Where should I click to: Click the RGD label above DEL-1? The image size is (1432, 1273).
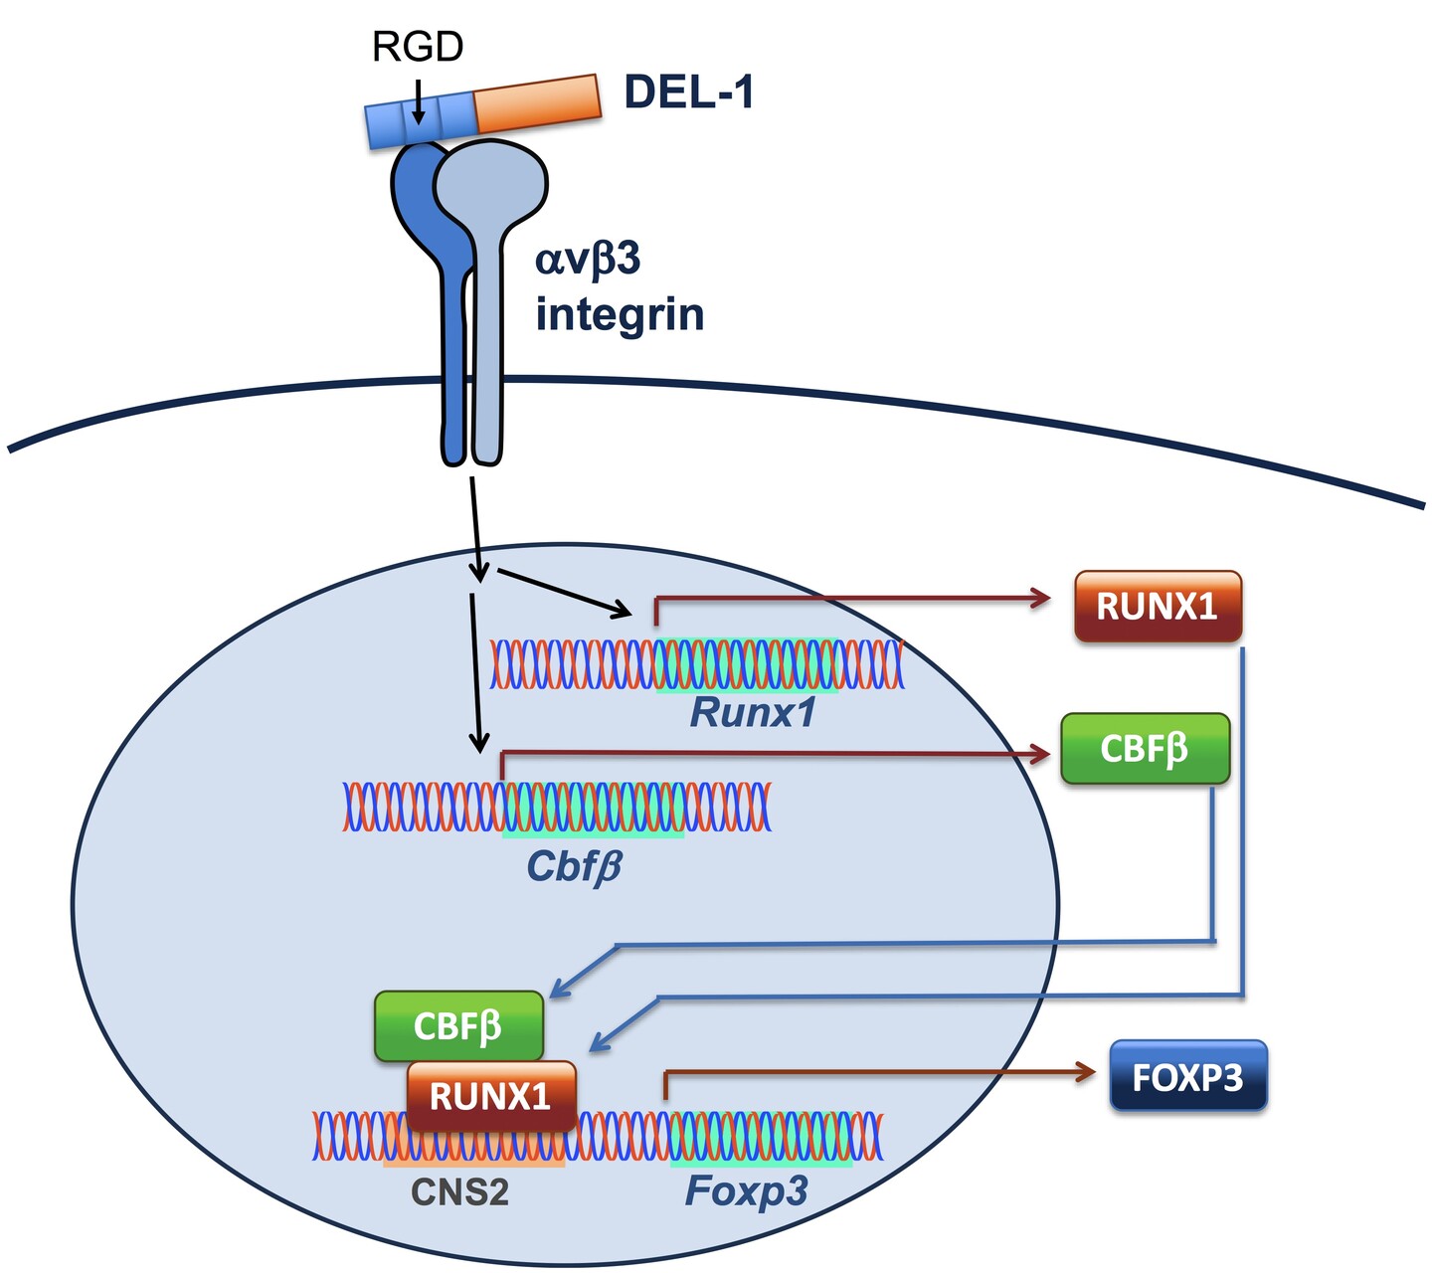418,46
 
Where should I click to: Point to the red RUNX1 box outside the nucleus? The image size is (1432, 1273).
1158,606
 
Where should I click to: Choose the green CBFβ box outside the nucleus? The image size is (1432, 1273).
1145,748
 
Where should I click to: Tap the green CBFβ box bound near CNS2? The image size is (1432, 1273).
457,1024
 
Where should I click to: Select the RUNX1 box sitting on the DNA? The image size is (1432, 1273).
491,1096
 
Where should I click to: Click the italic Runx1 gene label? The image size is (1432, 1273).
753,712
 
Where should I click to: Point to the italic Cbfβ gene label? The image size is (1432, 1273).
574,866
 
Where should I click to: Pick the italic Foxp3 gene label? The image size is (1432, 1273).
746,1189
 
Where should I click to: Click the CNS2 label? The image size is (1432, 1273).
459,1190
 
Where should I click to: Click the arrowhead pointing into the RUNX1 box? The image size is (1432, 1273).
1042,597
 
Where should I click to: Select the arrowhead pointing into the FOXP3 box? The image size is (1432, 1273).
1084,1071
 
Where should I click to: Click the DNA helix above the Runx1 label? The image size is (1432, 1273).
696,663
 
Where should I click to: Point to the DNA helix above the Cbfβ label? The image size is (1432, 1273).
557,807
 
